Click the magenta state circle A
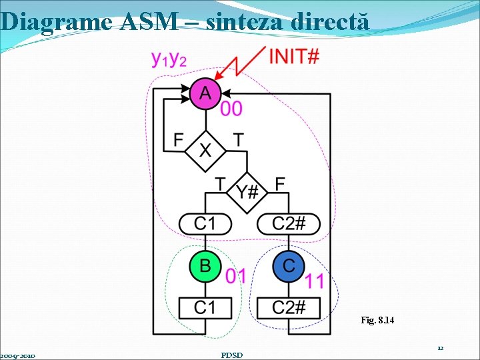click(x=205, y=93)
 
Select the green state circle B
click(x=205, y=266)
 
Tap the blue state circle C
click(x=288, y=266)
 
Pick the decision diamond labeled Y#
click(x=247, y=192)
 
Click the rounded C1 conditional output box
click(x=205, y=223)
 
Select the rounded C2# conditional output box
click(x=289, y=223)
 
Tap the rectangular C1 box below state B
click(x=205, y=307)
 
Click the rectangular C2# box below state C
click(x=289, y=307)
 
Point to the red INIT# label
click(x=293, y=56)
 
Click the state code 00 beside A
click(x=231, y=109)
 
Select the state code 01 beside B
click(x=235, y=275)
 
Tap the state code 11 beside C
click(x=314, y=281)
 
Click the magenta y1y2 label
click(x=169, y=60)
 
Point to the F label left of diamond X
click(x=178, y=140)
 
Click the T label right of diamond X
click(x=238, y=140)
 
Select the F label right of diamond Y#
click(x=280, y=183)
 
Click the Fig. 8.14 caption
click(x=377, y=321)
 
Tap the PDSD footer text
click(x=231, y=355)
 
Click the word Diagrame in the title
click(x=57, y=21)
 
